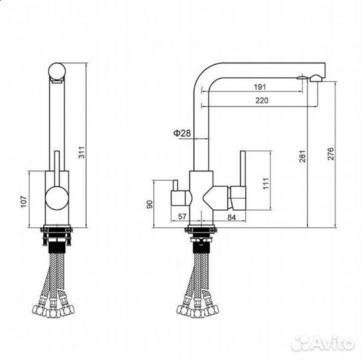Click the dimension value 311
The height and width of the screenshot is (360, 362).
point(82,153)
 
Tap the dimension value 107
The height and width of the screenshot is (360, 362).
point(24,201)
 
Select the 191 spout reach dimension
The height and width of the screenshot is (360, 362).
point(260,87)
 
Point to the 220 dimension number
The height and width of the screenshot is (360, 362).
point(262,101)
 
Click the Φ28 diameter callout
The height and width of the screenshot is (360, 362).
point(182,133)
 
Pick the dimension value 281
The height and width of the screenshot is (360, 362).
point(303,156)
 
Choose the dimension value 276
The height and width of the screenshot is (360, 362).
point(331,154)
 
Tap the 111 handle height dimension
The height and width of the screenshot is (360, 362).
point(266,184)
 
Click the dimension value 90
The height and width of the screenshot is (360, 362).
point(150,205)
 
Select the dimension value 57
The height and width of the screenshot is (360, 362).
point(182,217)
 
